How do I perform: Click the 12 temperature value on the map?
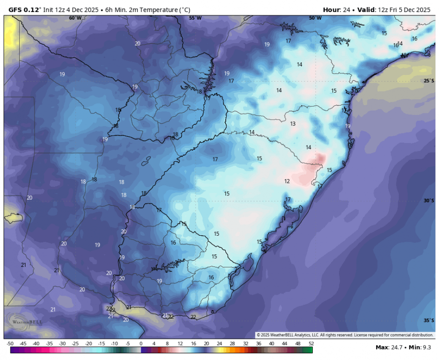[287, 181]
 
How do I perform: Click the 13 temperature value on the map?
[293, 124]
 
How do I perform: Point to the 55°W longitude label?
[195, 18]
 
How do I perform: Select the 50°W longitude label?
[315, 18]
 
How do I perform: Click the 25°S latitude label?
[429, 81]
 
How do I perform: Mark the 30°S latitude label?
[429, 201]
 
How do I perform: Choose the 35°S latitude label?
[429, 321]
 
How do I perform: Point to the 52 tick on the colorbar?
[311, 344]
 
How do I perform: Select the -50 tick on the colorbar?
[10, 344]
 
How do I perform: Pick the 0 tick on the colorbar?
[141, 344]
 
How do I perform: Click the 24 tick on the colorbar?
[219, 344]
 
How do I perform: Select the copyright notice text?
[344, 335]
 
